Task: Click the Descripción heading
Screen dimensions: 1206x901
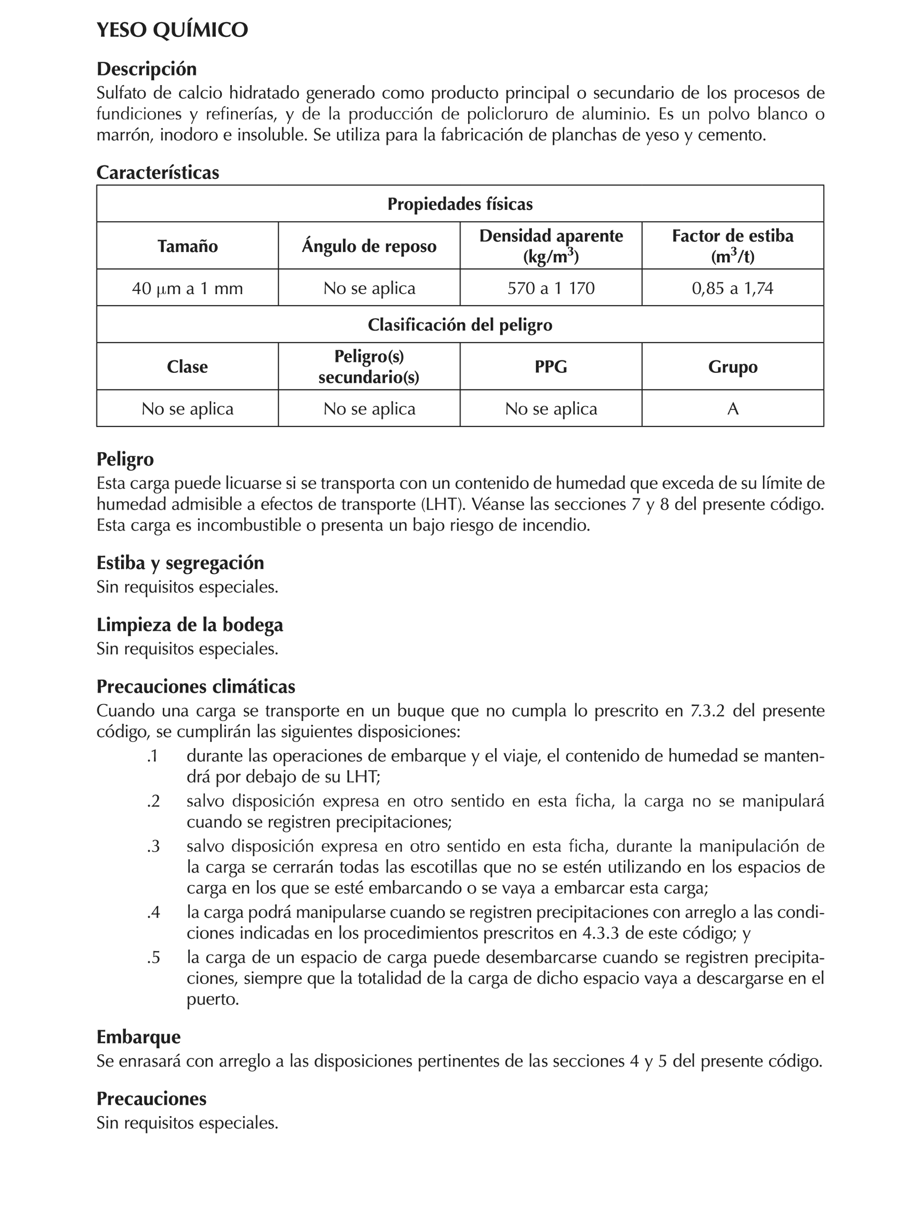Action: pos(146,69)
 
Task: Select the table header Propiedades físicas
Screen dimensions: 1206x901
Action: pos(459,204)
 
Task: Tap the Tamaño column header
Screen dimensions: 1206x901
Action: pos(188,246)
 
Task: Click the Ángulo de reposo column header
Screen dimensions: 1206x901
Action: pos(369,246)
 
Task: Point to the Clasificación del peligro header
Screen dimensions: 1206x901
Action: pos(459,325)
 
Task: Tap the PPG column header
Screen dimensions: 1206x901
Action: pos(551,366)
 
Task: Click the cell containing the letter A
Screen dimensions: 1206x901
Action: pos(733,408)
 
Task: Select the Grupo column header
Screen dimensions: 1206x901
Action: pos(733,366)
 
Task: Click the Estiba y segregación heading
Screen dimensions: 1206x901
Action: pos(180,563)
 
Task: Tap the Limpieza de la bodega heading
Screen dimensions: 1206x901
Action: pos(190,624)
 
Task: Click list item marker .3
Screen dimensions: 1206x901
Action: pos(153,847)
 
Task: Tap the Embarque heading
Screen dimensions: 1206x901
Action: pos(138,1037)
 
